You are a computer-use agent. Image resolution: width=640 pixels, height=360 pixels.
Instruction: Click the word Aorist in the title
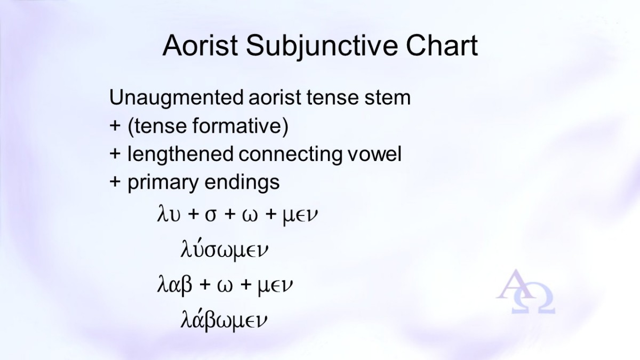tap(200, 45)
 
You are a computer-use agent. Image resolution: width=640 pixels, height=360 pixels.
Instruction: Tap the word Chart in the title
tap(442, 45)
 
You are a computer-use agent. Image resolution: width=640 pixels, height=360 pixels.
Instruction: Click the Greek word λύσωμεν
tap(225, 249)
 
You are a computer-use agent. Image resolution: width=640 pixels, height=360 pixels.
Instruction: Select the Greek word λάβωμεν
tap(223, 319)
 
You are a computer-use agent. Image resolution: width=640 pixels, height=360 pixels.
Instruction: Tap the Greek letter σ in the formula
tap(211, 215)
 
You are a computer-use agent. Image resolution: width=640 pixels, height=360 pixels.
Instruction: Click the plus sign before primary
tap(115, 182)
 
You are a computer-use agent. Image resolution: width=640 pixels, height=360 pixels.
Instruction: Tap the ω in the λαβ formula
tap(225, 286)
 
